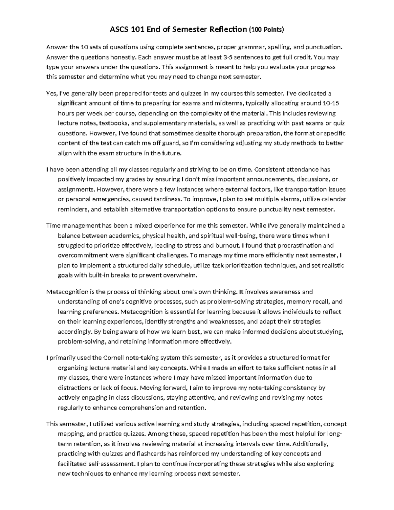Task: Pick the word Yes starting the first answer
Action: coord(52,93)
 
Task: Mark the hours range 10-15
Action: coord(331,103)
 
